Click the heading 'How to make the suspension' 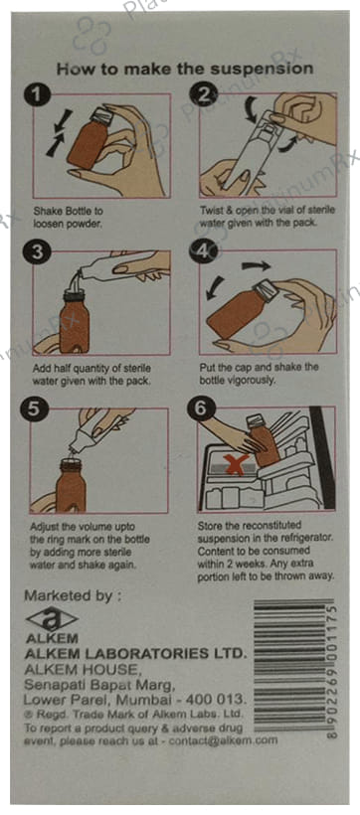[x=185, y=69]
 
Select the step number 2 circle [x=202, y=94]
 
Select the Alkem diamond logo [x=52, y=619]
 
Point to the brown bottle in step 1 [x=89, y=140]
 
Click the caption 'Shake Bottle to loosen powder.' [x=69, y=217]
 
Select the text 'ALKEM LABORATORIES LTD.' [x=133, y=653]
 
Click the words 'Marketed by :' [x=74, y=595]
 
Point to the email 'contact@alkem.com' [x=223, y=739]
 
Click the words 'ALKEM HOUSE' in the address [x=82, y=668]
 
